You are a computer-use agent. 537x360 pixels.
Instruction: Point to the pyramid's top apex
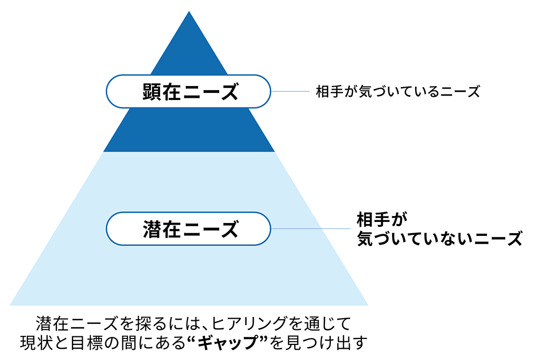tap(189, 12)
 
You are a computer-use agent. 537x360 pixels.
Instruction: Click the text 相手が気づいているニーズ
tap(397, 92)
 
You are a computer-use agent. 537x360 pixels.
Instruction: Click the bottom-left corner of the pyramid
tap(11, 305)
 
